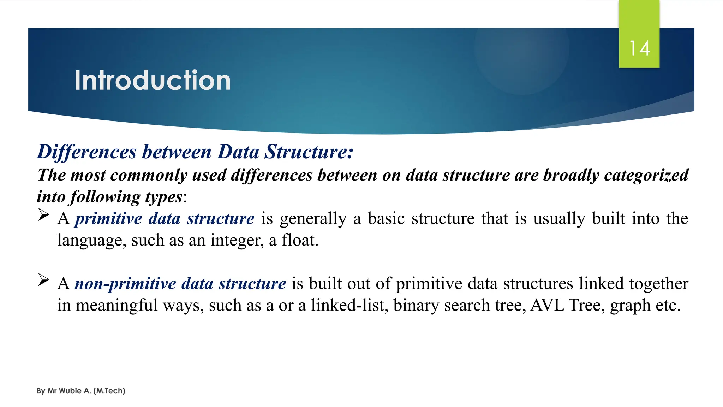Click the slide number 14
[639, 48]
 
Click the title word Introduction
[153, 81]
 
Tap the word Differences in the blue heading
[87, 152]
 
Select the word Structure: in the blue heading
[309, 152]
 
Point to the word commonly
[149, 175]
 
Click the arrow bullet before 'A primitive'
[43, 215]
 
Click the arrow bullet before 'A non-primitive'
[43, 280]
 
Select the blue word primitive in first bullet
[108, 219]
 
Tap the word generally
[313, 219]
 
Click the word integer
[237, 241]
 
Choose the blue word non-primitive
[125, 284]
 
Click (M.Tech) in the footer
[109, 391]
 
